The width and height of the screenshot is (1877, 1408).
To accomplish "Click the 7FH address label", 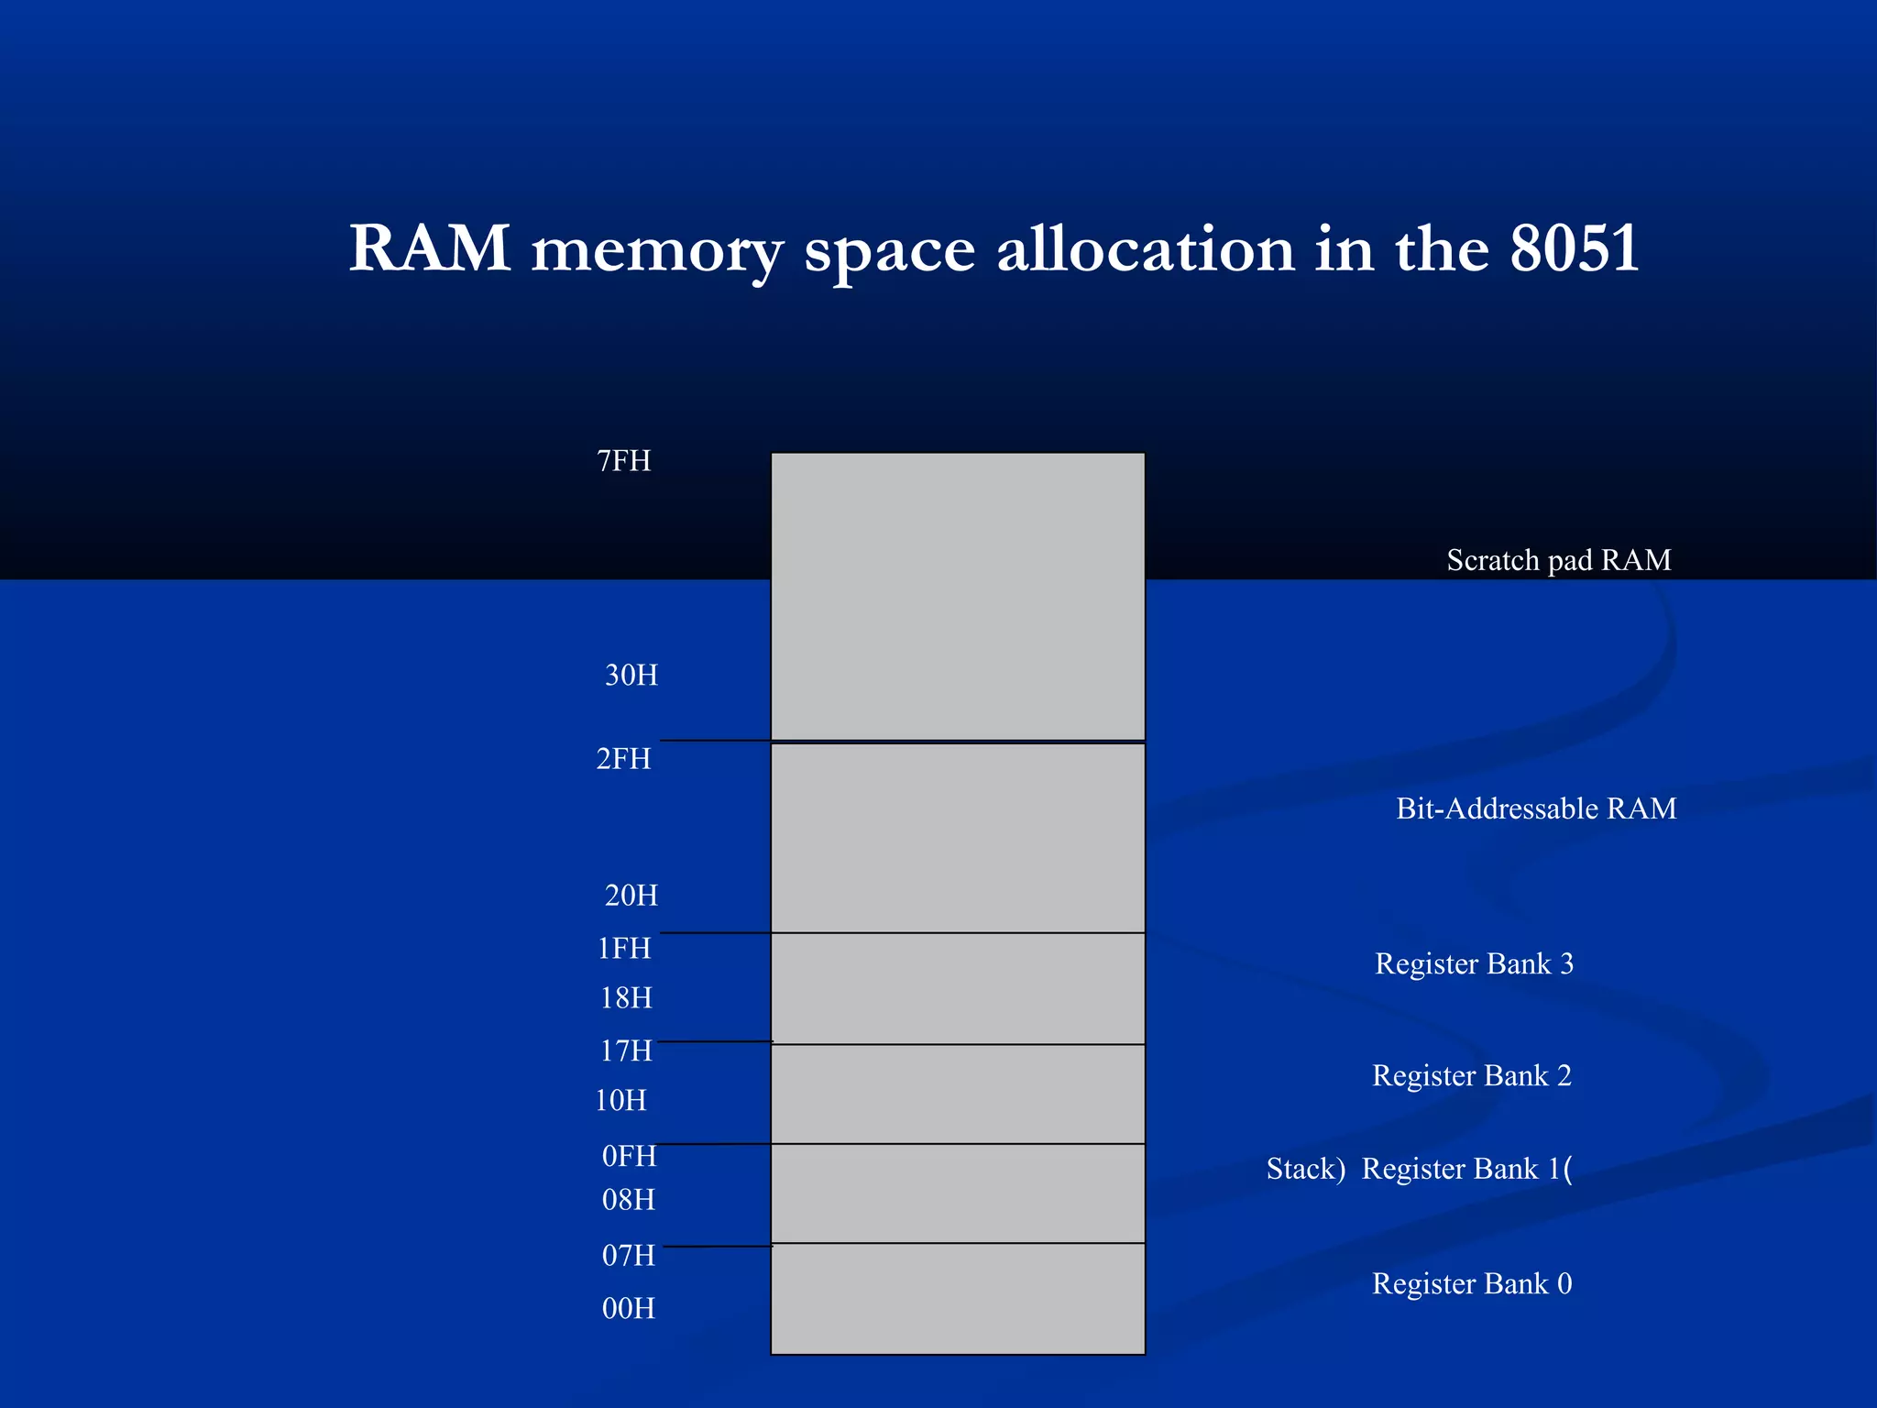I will [x=623, y=460].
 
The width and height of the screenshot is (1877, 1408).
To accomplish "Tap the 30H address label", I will [x=631, y=675].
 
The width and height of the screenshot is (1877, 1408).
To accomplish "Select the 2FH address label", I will [x=623, y=759].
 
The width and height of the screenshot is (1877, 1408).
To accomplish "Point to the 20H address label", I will [x=631, y=895].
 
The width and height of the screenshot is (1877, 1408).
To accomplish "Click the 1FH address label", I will [x=623, y=948].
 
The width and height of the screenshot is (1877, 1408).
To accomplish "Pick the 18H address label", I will [x=626, y=997].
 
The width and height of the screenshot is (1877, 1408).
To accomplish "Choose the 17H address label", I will [x=626, y=1050].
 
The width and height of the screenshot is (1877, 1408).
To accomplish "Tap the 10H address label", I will [x=620, y=1100].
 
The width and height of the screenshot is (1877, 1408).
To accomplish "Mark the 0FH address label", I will [x=629, y=1156].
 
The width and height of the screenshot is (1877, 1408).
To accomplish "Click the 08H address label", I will [x=629, y=1199].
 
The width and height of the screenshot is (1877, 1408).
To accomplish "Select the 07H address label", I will [x=629, y=1255].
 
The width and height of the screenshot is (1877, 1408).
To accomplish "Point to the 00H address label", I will [x=629, y=1308].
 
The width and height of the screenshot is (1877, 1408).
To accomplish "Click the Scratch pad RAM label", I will [x=1558, y=560].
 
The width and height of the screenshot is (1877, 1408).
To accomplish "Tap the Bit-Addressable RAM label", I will [x=1536, y=808].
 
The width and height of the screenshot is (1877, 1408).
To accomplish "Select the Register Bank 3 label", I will [x=1474, y=963].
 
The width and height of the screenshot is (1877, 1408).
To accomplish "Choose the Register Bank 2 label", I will [x=1471, y=1075].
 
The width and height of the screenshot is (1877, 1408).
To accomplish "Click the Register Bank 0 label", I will [x=1471, y=1283].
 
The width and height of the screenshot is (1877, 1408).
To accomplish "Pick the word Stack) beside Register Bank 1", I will [x=1305, y=1169].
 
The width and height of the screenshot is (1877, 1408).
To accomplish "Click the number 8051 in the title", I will [x=1574, y=247].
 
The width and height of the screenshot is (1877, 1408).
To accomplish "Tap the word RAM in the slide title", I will [x=430, y=247].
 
